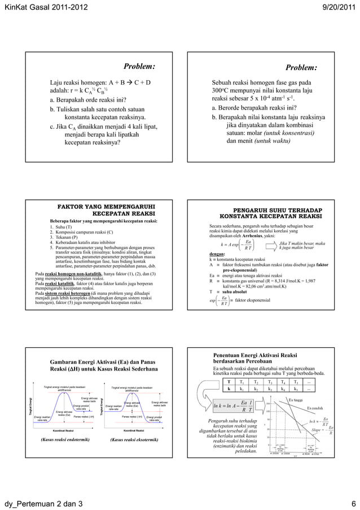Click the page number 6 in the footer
tap(353, 503)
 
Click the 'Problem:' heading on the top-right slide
tap(301, 68)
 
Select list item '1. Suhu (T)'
tap(61, 226)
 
